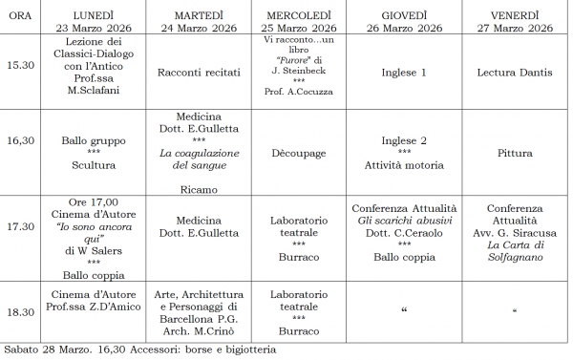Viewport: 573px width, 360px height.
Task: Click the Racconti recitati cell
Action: click(x=198, y=71)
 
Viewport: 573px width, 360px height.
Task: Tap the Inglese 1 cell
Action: click(x=404, y=71)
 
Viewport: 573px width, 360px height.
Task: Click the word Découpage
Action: click(x=296, y=152)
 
